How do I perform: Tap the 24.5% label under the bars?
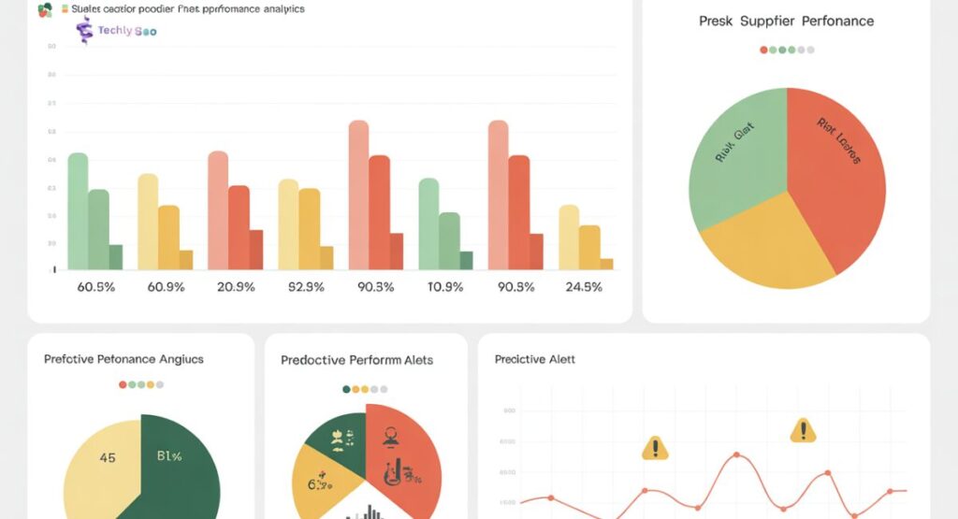click(584, 287)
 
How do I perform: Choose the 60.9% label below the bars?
click(167, 287)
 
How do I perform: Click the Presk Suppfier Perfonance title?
click(786, 20)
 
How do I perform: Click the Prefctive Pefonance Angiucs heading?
click(123, 359)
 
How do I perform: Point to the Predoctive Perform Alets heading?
click(356, 360)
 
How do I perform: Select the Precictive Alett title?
click(534, 359)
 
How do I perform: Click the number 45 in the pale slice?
click(108, 458)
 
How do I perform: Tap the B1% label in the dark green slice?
click(168, 457)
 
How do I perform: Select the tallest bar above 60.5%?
click(78, 211)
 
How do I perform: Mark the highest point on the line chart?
click(737, 454)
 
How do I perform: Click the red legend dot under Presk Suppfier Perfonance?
click(763, 50)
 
